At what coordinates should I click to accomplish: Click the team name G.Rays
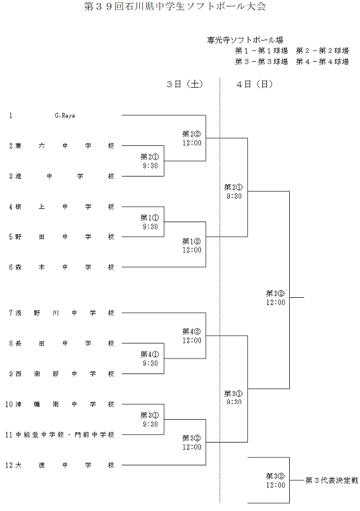(x=64, y=115)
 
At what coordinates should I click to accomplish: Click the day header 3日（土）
(x=184, y=85)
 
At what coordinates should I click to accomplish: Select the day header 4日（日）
(x=254, y=85)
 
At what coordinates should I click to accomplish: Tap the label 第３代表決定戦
(x=331, y=480)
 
